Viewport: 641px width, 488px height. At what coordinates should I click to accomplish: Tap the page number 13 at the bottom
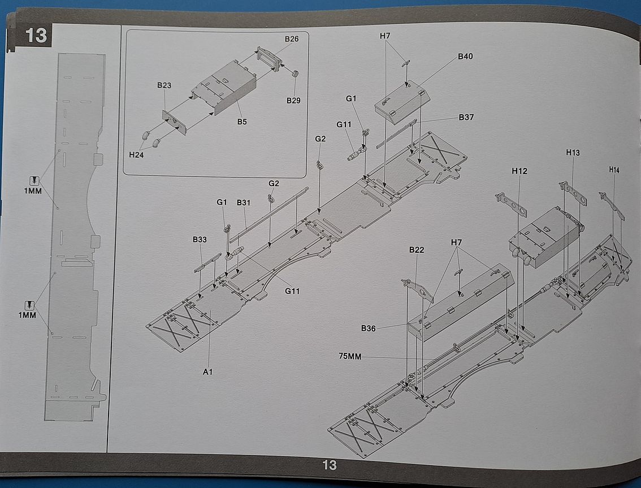[x=329, y=465]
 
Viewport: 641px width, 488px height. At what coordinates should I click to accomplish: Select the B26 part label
[x=292, y=39]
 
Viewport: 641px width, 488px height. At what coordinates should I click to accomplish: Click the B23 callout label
[x=164, y=85]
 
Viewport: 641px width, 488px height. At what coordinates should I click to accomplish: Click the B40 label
[x=466, y=57]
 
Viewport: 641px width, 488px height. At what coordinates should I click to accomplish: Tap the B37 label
[x=466, y=118]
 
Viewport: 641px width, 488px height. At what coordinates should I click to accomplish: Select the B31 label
[x=244, y=202]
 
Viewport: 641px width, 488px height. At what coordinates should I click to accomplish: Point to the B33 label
[x=200, y=239]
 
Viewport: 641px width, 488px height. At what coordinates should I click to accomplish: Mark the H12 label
[x=519, y=171]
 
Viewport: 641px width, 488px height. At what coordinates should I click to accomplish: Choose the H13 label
[x=573, y=153]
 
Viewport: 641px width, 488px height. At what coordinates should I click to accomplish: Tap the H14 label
[x=614, y=169]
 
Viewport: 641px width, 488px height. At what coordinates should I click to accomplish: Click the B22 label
[x=417, y=249]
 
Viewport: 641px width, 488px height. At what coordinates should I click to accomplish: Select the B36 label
[x=369, y=328]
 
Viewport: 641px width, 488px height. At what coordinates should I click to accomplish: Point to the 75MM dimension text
[x=350, y=356]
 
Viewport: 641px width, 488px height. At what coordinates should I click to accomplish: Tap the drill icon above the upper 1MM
[x=34, y=180]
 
